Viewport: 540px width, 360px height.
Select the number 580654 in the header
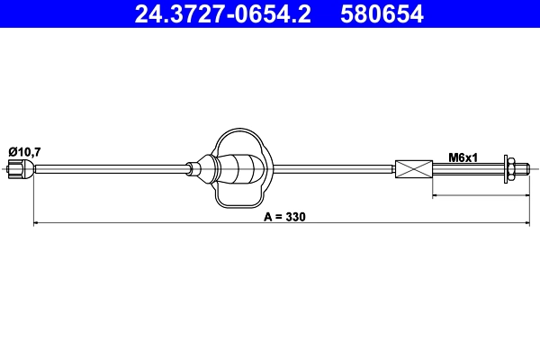coord(381,14)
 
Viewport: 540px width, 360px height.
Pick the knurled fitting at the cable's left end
coord(20,168)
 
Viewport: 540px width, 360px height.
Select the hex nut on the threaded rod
coord(510,168)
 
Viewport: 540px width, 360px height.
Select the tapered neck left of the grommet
coord(198,168)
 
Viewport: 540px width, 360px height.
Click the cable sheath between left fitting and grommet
coord(108,168)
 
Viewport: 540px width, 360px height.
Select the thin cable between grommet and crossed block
coord(333,168)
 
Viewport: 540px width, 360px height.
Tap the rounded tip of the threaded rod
coord(526,168)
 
